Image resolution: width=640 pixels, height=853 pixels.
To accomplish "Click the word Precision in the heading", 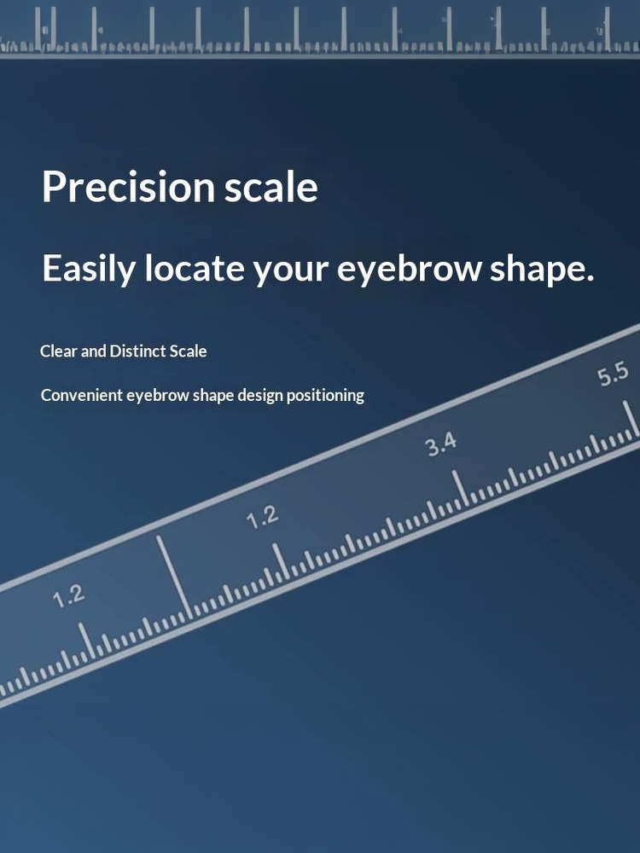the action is coord(129,187).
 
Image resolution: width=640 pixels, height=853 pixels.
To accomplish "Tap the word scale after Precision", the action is coord(271,187).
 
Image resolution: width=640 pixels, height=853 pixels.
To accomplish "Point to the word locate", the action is coord(195,268).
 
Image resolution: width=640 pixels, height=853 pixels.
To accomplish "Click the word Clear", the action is coord(59,351).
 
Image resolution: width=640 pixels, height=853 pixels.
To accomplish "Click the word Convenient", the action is coord(82,395).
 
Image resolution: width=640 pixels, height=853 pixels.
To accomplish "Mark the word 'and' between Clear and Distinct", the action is coord(94,351).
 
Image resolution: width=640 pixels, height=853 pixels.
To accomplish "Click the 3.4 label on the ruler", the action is coord(441,445).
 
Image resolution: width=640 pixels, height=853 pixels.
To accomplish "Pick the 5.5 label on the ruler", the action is coord(613,374).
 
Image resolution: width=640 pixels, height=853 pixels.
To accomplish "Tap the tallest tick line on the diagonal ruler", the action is coord(175,577).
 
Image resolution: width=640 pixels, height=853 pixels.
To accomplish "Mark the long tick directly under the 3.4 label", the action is coord(460,488).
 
